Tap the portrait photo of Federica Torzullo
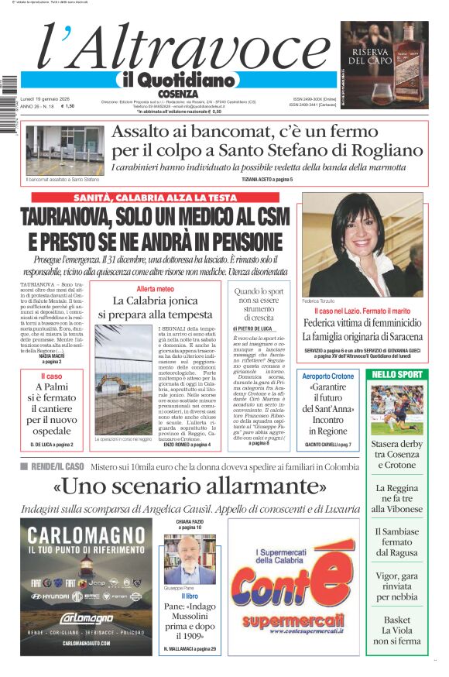click(362, 245)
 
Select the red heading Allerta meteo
click(155, 289)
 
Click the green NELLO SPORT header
click(397, 374)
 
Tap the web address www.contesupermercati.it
click(286, 633)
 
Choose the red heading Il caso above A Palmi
click(51, 376)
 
